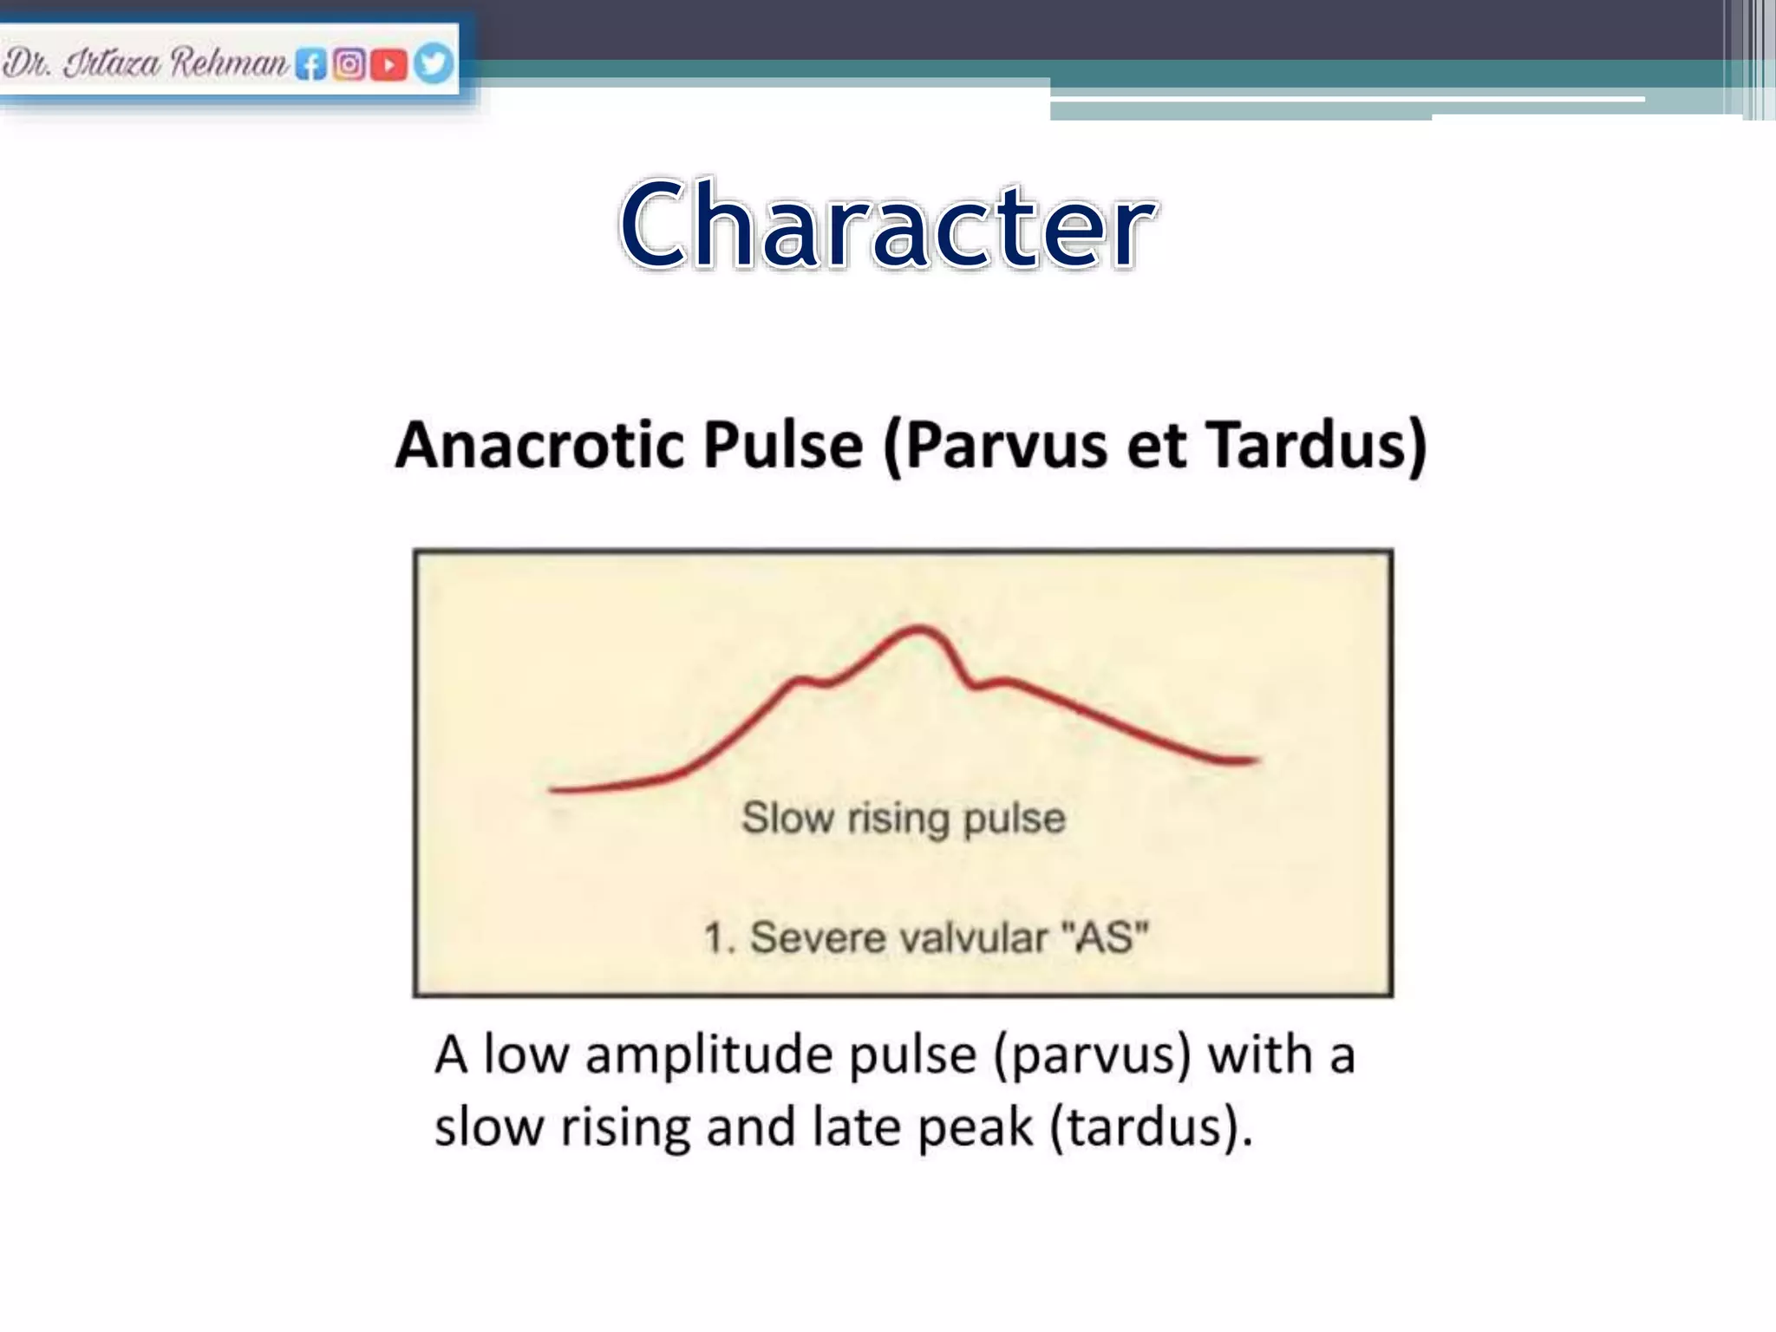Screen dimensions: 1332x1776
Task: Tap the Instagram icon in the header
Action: (349, 64)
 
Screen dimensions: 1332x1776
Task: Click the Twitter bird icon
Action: (433, 63)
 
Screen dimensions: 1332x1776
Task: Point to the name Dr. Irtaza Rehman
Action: (145, 63)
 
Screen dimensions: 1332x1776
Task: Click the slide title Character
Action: (886, 225)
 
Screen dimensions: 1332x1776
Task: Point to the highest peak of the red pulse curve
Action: (919, 627)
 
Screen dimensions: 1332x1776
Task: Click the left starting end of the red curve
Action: (552, 789)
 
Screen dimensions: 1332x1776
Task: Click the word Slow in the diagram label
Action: (787, 818)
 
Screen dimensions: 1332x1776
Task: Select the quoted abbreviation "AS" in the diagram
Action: (1105, 937)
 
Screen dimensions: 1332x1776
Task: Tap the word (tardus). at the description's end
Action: (1151, 1127)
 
